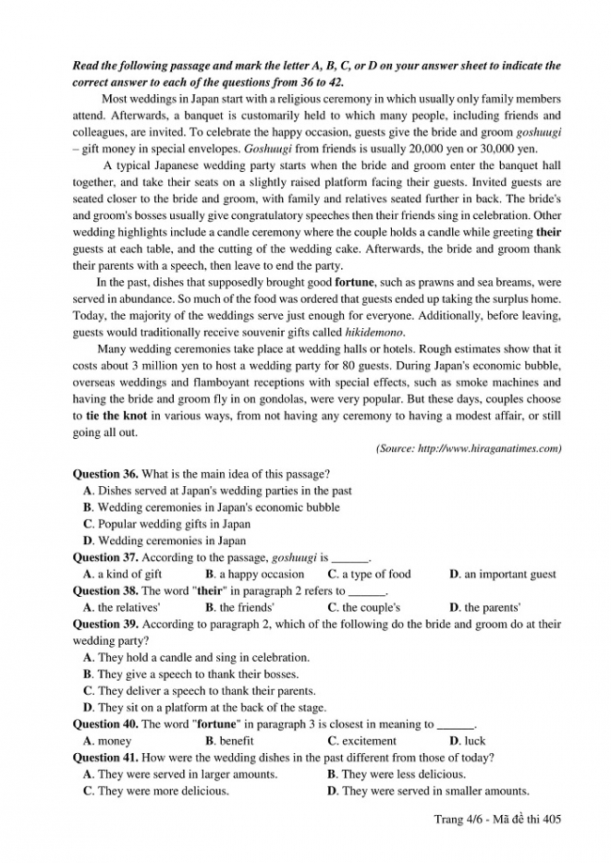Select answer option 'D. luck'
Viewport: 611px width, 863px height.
coord(467,741)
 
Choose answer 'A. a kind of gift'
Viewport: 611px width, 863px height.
coord(122,573)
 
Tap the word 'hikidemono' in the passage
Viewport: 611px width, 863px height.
coord(375,333)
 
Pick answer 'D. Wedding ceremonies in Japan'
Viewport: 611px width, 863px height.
coord(164,541)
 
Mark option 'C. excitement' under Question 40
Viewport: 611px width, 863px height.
coord(362,741)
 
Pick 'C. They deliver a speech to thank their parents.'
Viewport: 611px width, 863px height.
coord(199,691)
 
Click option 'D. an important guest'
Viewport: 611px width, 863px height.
coord(502,573)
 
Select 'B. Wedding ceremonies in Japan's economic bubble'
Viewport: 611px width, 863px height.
coord(211,508)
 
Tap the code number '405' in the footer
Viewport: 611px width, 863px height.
coord(551,820)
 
